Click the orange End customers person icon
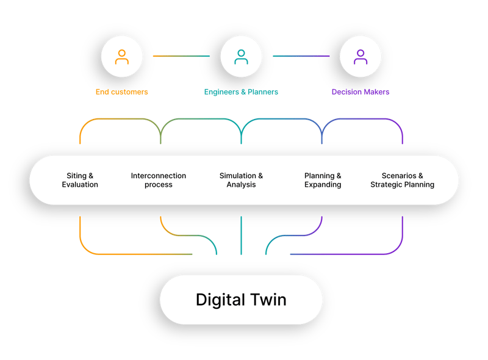pos(122,57)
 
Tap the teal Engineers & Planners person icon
pos(242,57)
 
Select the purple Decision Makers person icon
pos(361,57)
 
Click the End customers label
pos(122,92)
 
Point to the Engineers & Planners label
pos(241,92)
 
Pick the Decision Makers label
pos(360,92)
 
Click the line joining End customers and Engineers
pos(181,56)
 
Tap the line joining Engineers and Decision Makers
pos(301,56)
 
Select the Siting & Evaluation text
pos(80,180)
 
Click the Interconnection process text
pos(159,180)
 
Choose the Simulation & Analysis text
pos(242,180)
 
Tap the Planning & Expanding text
pos(323,180)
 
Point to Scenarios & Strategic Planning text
pos(403,180)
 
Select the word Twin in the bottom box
pos(268,300)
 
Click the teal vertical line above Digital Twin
pos(242,235)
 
